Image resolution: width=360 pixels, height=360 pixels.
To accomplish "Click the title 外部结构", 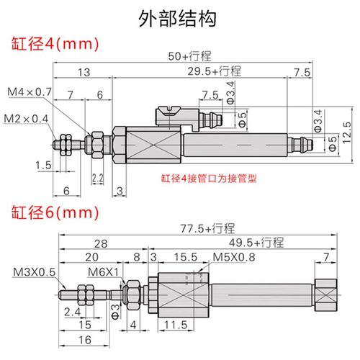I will coord(179,18).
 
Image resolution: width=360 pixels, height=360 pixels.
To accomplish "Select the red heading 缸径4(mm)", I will coord(53,43).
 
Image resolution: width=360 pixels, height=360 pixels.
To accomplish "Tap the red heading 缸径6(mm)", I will coord(53,213).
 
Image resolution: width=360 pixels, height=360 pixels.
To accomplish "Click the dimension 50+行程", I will coord(189,56).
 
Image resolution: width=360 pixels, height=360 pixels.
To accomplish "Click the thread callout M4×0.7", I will coord(30,91).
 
